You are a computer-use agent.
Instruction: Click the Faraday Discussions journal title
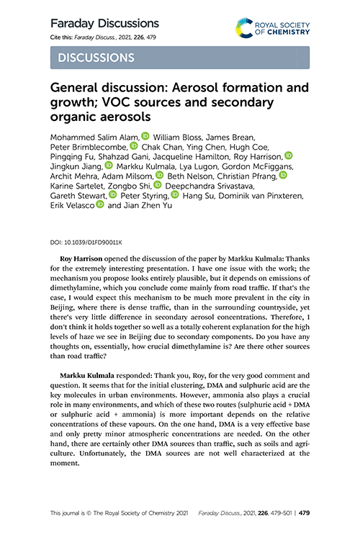[104, 23]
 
